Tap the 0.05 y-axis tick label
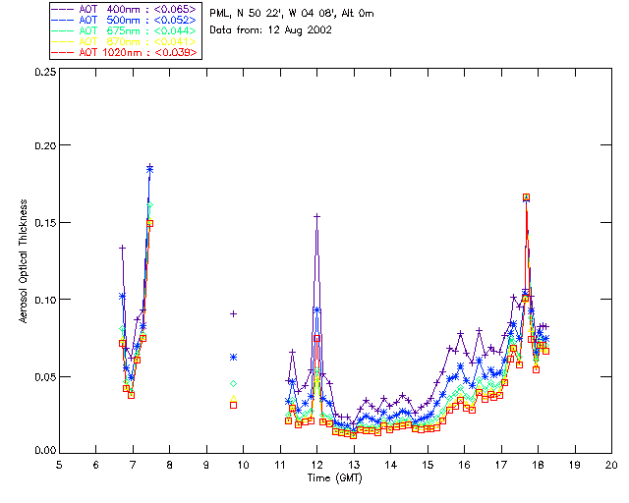[x=42, y=376]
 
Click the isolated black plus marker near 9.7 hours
[x=233, y=313]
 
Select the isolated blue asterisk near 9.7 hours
[x=233, y=357]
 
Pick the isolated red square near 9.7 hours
[x=233, y=405]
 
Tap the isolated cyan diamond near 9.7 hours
[x=233, y=383]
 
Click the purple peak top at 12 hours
[x=316, y=216]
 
